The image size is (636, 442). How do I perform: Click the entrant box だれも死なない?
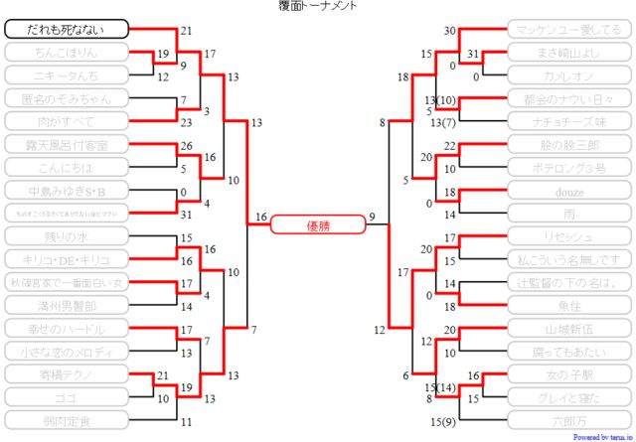[67, 29]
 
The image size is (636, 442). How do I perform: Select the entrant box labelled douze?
[568, 190]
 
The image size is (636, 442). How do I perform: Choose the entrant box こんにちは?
[67, 167]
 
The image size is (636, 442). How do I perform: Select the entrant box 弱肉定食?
[67, 419]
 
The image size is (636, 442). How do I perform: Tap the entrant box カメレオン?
[568, 75]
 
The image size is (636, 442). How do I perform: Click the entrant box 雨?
[568, 213]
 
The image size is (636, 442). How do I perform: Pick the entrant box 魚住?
[568, 305]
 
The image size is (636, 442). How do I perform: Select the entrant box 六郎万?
[568, 419]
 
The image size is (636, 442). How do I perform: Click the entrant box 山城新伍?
[568, 328]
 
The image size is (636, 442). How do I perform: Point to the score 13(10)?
[439, 100]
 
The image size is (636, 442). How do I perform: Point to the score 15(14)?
[439, 386]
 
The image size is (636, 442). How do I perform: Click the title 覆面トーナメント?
[318, 6]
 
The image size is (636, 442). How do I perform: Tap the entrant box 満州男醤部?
[67, 305]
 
